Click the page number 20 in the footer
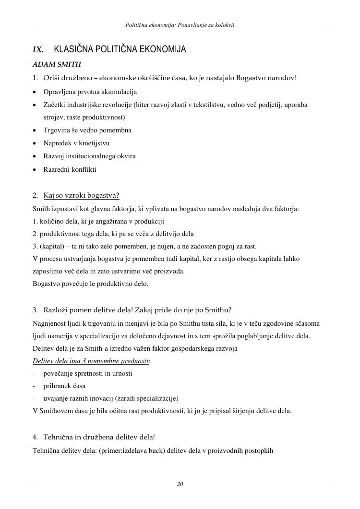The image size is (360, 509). [180, 484]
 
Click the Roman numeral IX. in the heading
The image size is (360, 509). [38, 50]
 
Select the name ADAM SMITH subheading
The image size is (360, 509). [57, 64]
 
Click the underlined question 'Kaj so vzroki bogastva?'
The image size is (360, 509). [81, 195]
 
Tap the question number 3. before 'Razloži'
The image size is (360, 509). [36, 309]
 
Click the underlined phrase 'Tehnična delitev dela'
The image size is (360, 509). [64, 450]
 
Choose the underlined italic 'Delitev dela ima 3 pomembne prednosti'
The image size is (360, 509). [91, 361]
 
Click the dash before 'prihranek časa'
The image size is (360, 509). [34, 386]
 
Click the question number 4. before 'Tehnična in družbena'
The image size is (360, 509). [36, 437]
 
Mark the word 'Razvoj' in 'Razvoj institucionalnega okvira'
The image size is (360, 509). [53, 156]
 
